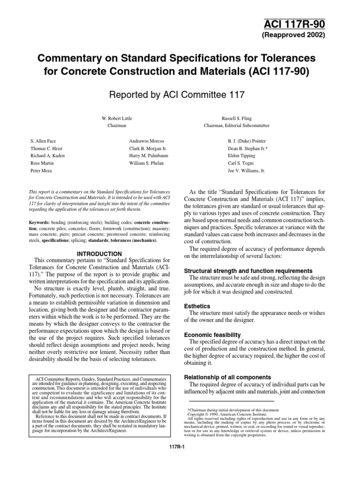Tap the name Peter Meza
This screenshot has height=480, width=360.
40,172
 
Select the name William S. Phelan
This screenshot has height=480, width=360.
149,164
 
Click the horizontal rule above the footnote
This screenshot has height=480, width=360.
231,401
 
